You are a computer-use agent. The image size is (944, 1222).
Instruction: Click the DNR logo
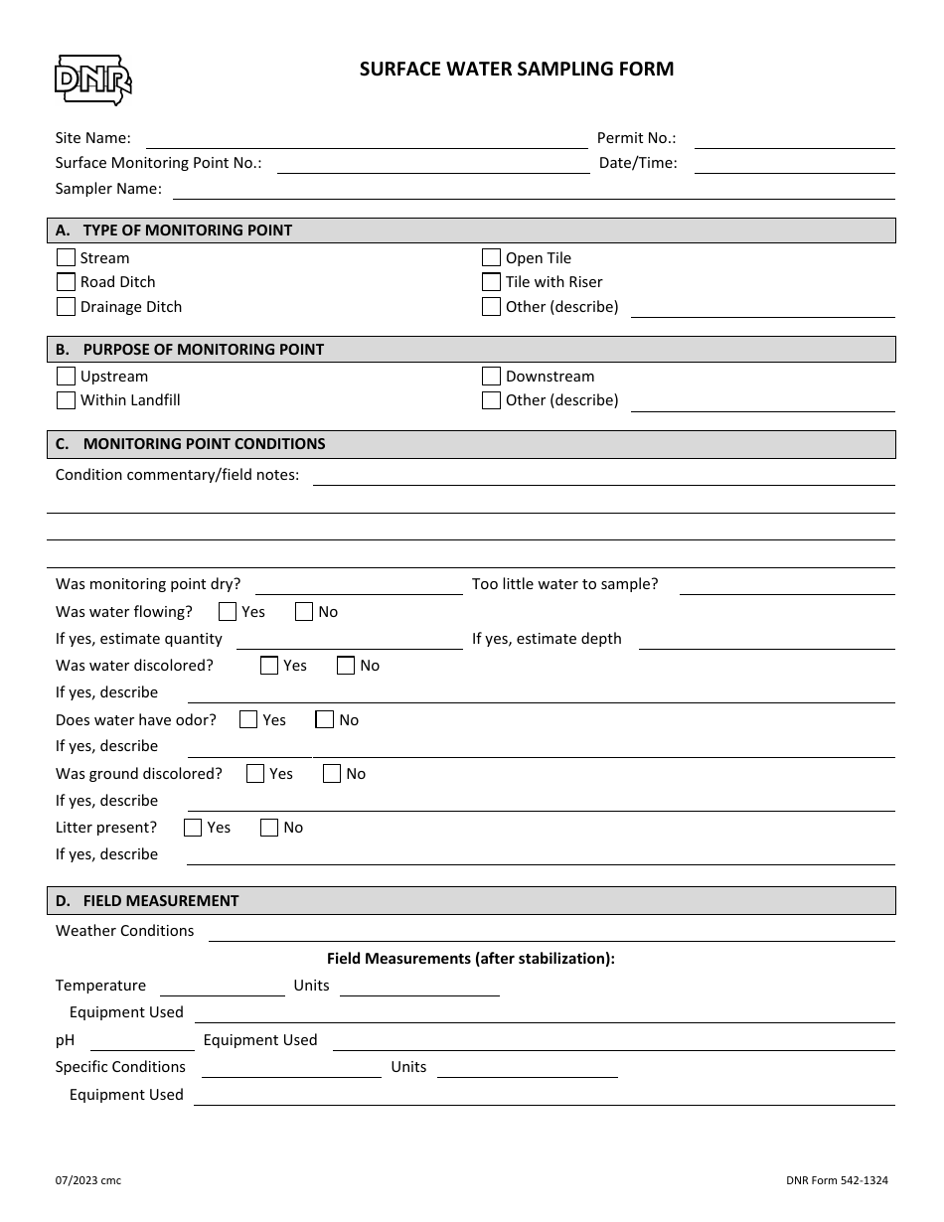click(x=92, y=79)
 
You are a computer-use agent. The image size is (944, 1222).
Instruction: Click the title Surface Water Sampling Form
click(x=516, y=69)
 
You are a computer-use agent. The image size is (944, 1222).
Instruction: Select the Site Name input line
click(x=367, y=140)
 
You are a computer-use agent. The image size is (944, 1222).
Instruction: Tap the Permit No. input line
click(x=794, y=140)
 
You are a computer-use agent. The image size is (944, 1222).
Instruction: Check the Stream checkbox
click(x=66, y=258)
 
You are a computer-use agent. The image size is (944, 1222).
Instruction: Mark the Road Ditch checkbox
click(x=66, y=282)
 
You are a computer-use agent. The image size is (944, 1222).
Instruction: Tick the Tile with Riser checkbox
click(x=491, y=282)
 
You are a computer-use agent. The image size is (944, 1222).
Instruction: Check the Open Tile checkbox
click(x=491, y=258)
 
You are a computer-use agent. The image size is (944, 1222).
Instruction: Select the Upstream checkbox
click(x=66, y=377)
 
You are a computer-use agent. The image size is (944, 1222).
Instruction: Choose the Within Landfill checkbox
click(x=66, y=400)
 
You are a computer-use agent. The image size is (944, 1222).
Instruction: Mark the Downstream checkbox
click(x=491, y=377)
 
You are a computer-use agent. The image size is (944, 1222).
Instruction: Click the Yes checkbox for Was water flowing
click(x=228, y=612)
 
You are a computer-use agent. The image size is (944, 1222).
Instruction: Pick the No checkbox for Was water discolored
click(x=346, y=666)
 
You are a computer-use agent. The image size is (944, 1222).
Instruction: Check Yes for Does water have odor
click(x=248, y=720)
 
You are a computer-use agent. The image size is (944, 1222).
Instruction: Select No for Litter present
click(x=269, y=828)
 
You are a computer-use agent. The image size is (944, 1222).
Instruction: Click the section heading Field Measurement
click(x=160, y=901)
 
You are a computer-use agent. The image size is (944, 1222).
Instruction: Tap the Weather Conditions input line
click(x=551, y=933)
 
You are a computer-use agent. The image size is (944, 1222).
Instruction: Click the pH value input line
click(x=142, y=1042)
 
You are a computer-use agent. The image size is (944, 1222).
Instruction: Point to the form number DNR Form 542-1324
click(x=836, y=1180)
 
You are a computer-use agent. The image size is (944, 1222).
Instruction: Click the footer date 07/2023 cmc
click(x=88, y=1180)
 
